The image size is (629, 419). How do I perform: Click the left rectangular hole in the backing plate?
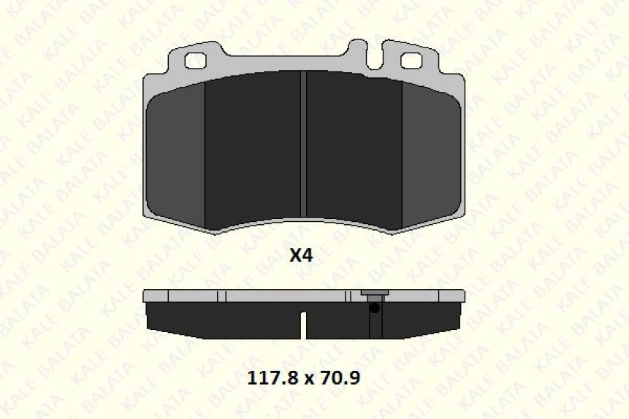pos(195,61)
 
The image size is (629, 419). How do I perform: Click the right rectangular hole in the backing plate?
pos(411,61)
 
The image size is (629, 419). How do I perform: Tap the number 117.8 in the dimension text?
pos(264,379)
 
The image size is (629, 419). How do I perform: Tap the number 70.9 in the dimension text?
pos(342,379)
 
